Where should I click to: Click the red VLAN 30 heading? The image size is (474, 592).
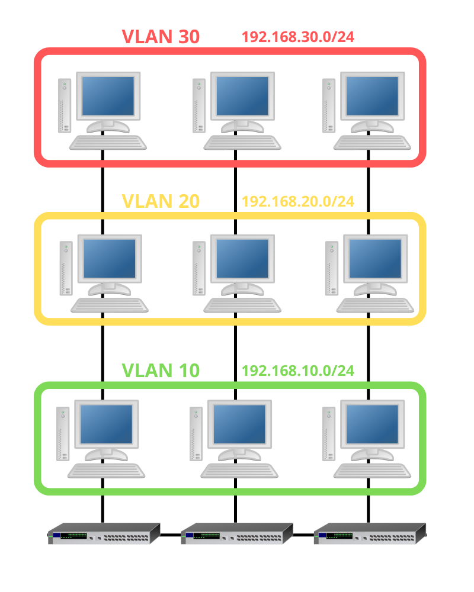coord(161,37)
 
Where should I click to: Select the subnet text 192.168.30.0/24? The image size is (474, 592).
coord(298,37)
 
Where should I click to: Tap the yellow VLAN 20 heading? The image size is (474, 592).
coord(161,201)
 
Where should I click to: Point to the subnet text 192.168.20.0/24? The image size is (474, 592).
coord(298,201)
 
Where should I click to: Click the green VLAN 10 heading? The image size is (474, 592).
coord(161,371)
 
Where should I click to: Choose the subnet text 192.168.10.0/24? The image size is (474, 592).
coord(298,371)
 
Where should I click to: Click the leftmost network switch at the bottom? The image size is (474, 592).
coord(104,533)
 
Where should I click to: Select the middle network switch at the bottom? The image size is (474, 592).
coord(237,533)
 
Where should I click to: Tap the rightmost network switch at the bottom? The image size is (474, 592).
coord(370,533)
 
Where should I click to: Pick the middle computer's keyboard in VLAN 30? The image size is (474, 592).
coord(242,142)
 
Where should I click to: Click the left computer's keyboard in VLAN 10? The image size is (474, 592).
coord(107,471)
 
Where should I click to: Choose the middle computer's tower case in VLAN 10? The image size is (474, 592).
coord(196,434)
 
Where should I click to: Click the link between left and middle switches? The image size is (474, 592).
coord(171,535)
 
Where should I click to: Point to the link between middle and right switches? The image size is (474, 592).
coord(303,535)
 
